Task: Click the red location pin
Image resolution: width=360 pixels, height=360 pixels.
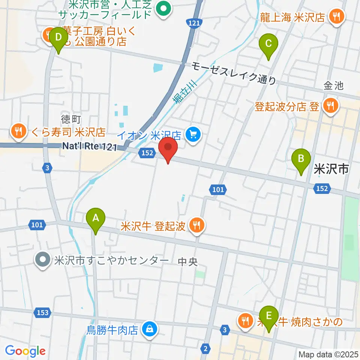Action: point(168,149)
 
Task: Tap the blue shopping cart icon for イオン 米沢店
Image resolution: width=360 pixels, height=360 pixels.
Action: point(193,134)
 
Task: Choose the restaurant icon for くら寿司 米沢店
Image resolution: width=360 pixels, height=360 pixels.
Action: point(18,132)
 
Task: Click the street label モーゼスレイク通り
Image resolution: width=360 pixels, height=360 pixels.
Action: point(233,73)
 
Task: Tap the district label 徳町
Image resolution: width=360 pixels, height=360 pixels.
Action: point(71,119)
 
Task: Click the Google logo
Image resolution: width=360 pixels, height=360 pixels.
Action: point(25,351)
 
